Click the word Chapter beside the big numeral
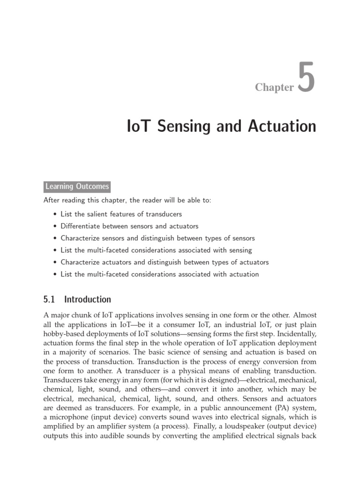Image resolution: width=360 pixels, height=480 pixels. [x=274, y=87]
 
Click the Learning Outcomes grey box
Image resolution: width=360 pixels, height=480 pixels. [x=77, y=187]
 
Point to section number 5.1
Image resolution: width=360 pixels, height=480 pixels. [x=50, y=299]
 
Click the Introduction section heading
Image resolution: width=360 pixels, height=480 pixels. [x=88, y=299]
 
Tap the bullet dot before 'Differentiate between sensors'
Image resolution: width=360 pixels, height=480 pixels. [x=56, y=226]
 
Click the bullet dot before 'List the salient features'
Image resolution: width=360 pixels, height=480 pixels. [x=56, y=214]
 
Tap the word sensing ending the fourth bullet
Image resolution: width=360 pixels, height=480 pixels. [x=240, y=250]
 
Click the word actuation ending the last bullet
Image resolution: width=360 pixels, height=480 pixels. [x=243, y=274]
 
